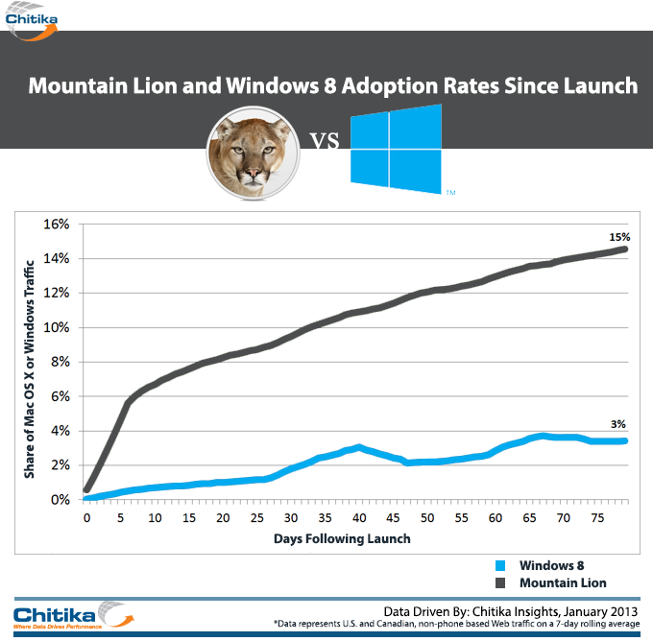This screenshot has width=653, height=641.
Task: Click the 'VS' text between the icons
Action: pyautogui.click(x=326, y=143)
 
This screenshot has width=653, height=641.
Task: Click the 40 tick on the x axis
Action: pyautogui.click(x=359, y=518)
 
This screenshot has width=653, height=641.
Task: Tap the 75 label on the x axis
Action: pyautogui.click(x=597, y=518)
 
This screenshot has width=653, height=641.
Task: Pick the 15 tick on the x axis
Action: pyautogui.click(x=189, y=518)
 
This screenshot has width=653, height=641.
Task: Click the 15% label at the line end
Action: pyautogui.click(x=618, y=236)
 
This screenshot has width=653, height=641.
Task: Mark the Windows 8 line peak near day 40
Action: pyautogui.click(x=358, y=447)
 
